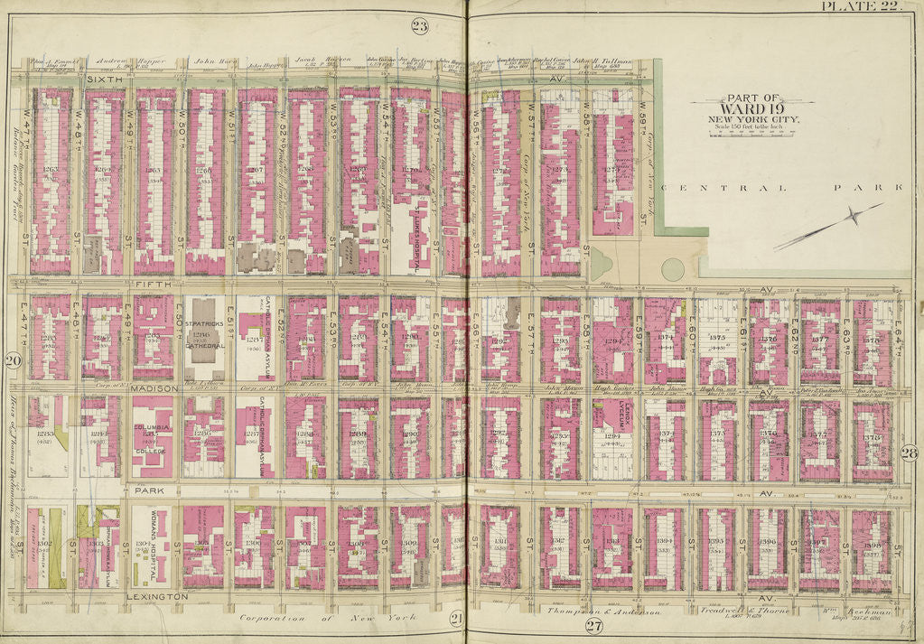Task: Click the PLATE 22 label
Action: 861,7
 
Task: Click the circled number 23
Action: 420,25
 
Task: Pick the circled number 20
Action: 13,362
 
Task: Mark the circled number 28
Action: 910,453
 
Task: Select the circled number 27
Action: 593,626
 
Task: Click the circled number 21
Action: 457,618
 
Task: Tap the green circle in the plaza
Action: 673,268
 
